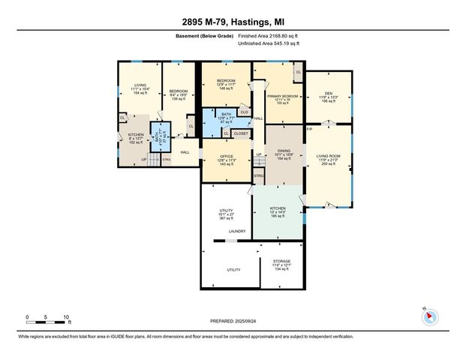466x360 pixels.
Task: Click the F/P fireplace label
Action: coord(309,129)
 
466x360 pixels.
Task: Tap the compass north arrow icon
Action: coord(429,316)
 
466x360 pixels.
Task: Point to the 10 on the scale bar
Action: coord(66,317)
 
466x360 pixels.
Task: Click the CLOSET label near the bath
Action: coord(240,133)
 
